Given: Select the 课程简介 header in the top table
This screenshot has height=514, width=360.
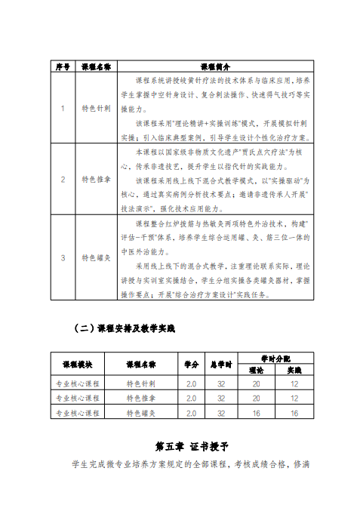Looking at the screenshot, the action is (215, 66).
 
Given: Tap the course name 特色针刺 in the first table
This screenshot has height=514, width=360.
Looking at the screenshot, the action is (97, 108).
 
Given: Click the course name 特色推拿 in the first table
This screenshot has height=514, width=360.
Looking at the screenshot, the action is (97, 179).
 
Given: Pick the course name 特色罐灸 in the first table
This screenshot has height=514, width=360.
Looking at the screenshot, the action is (97, 257).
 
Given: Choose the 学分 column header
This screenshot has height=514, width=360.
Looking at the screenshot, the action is (191, 364).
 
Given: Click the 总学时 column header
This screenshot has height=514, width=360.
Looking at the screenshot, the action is (221, 364).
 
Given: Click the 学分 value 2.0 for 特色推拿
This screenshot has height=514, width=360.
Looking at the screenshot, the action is (191, 399).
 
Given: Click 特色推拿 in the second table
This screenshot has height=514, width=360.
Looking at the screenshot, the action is (141, 399).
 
